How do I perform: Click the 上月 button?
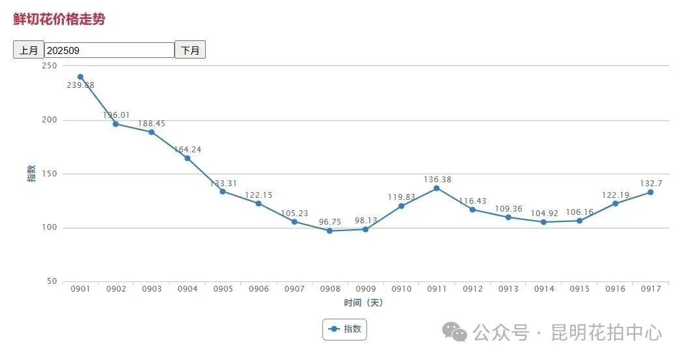29,50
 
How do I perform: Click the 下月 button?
190,50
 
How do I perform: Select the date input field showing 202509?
109,50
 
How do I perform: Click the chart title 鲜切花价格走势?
59,20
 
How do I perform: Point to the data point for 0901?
80,77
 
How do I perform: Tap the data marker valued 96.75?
330,230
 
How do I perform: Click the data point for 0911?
436,188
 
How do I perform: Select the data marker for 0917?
650,192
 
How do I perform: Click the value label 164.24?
188,150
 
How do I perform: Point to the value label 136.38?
436,179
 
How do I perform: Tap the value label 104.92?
543,213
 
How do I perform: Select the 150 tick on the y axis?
50,174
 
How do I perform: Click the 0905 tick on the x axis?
223,289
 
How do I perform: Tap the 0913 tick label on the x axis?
507,289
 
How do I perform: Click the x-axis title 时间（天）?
363,303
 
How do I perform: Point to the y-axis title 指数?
31,174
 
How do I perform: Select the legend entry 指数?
345,329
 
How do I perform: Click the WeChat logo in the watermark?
455,332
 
